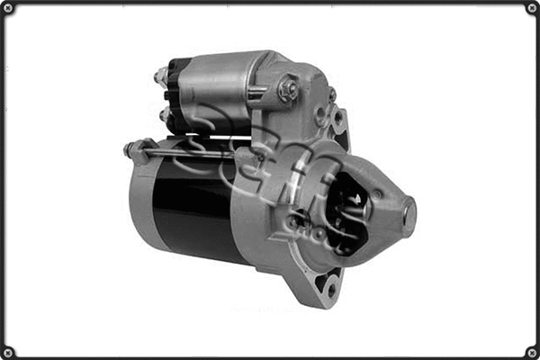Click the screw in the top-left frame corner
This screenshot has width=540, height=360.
(x=7, y=7)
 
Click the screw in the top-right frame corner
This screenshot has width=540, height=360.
(x=532, y=7)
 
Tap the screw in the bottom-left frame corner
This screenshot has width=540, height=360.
(x=7, y=352)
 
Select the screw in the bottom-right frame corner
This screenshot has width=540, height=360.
(x=532, y=352)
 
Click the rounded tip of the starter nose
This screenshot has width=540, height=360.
(x=409, y=216)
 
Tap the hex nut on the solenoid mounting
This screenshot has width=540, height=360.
(x=288, y=88)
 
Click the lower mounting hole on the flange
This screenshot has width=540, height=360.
(x=331, y=289)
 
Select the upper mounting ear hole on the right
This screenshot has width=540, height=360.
(x=338, y=116)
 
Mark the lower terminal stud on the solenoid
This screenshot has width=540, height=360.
(x=163, y=115)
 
